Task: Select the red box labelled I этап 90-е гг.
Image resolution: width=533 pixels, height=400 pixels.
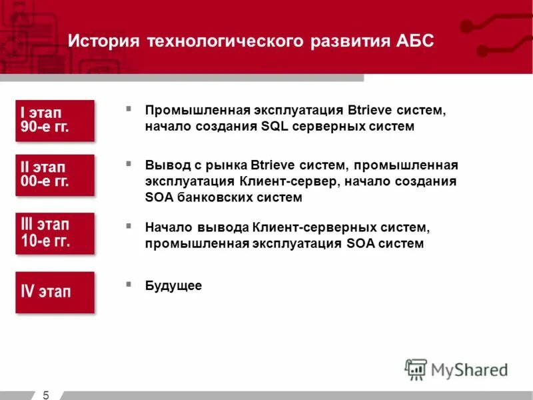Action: [x=55, y=121]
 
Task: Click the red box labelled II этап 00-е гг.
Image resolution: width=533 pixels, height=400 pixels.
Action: [x=55, y=175]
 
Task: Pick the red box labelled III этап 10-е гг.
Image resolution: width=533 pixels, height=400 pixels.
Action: [x=55, y=233]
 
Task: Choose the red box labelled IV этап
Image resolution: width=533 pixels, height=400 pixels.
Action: [x=55, y=291]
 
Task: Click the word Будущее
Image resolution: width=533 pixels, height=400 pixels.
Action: [x=173, y=285]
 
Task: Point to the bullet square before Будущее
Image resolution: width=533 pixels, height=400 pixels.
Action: [x=129, y=283]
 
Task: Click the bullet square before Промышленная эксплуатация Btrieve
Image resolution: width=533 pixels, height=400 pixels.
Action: [x=129, y=108]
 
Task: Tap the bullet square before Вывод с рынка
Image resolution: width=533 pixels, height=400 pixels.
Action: [x=129, y=163]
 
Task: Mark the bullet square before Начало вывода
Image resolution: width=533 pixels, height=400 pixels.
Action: [x=129, y=226]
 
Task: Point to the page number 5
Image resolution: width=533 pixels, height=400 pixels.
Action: [x=46, y=395]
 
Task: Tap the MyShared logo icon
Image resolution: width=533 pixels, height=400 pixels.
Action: [x=416, y=369]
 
